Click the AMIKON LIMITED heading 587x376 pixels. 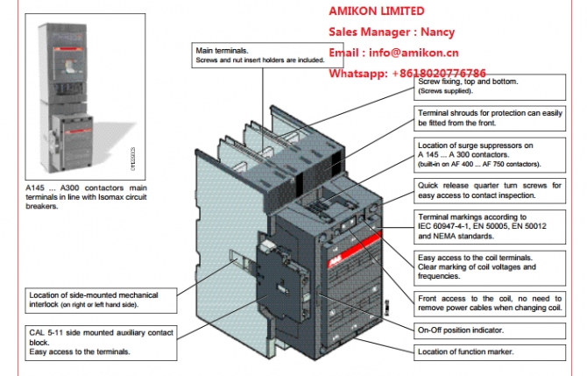pos(376,11)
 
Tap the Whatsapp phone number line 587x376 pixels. pos(420,74)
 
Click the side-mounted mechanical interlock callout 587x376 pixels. pos(101,299)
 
